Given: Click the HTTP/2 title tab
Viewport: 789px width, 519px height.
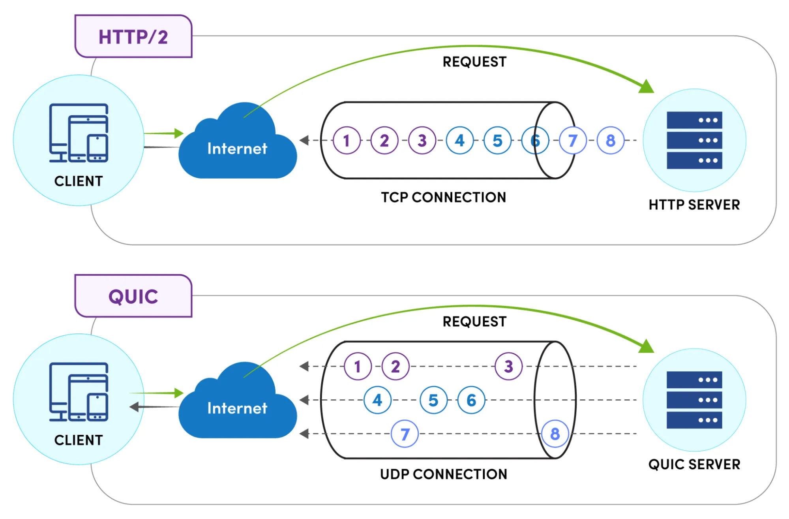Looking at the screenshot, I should [133, 37].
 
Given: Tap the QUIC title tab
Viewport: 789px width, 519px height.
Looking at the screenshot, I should [133, 296].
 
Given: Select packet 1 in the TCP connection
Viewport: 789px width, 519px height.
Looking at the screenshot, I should [347, 140].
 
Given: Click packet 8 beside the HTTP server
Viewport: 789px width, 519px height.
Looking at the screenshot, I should [610, 140].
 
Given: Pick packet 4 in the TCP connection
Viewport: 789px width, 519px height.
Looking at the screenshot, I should [459, 140].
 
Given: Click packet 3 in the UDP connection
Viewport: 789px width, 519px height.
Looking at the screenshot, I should [508, 366].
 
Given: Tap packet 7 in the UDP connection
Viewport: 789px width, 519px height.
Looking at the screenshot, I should [405, 434].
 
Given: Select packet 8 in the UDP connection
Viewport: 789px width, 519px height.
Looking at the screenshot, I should [555, 434].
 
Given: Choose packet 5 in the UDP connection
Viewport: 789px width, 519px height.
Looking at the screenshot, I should [433, 400].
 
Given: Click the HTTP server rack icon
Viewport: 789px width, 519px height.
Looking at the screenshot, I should [694, 140].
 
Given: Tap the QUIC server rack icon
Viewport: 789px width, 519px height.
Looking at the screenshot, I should [694, 400].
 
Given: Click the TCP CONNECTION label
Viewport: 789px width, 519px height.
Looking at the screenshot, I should [443, 197].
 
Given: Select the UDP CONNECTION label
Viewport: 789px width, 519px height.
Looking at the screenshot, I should [443, 474].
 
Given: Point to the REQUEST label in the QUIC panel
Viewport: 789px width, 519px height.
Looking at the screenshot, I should [474, 322].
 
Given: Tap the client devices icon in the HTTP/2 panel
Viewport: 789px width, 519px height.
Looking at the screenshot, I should [79, 133].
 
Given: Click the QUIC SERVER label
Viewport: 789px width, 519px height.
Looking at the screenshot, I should [694, 464].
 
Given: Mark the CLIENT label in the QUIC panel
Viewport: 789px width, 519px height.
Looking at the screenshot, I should [79, 440].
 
